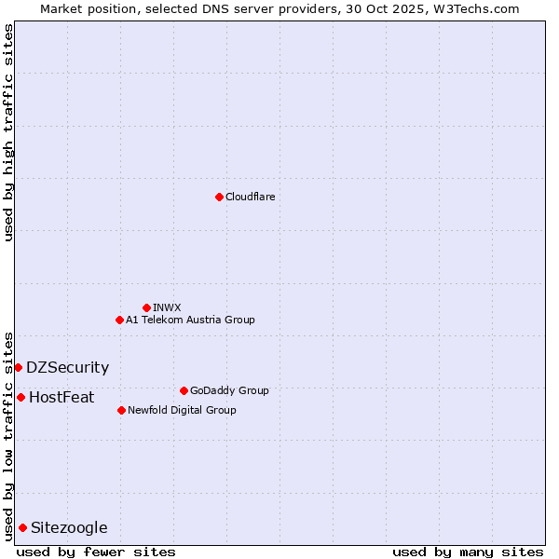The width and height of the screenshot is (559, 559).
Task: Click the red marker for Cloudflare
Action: click(219, 197)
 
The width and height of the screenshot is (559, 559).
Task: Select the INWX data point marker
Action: click(146, 307)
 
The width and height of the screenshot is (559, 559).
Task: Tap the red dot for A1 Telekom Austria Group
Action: click(119, 320)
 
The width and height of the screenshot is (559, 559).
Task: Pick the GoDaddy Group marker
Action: click(184, 390)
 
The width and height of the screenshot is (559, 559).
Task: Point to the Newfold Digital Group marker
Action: click(121, 410)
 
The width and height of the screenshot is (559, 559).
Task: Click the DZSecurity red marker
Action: click(18, 367)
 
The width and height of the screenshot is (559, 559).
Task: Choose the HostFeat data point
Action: click(20, 397)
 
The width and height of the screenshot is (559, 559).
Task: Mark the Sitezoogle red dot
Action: click(22, 527)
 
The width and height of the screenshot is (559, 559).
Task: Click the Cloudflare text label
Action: click(250, 197)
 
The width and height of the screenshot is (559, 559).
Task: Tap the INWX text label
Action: click(167, 307)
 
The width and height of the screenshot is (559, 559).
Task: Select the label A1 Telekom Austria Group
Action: click(190, 320)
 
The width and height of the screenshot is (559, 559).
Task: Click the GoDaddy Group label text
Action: click(229, 390)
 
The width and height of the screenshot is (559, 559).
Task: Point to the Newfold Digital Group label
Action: click(182, 410)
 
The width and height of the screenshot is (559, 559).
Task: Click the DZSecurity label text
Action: click(67, 367)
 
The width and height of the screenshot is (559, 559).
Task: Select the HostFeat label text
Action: click(61, 397)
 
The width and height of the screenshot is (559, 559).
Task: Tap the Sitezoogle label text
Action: click(69, 527)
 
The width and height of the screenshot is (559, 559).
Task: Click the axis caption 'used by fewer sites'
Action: click(96, 552)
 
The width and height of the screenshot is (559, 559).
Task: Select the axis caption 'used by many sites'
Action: click(468, 552)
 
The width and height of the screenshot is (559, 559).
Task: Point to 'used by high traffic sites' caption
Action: click(9, 132)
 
